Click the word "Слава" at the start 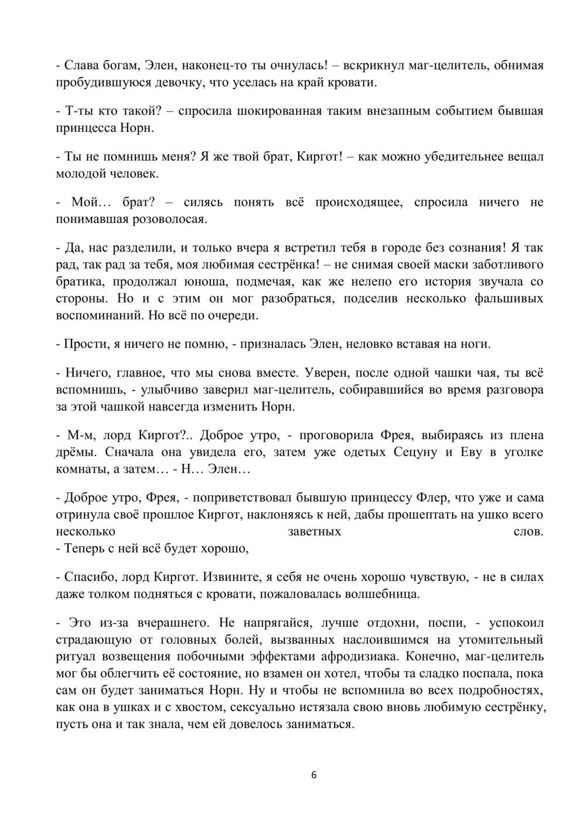[x=80, y=65]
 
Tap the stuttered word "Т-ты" [x=76, y=111]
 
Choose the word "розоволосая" [x=169, y=219]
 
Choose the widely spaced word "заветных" [x=315, y=532]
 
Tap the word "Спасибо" [x=86, y=577]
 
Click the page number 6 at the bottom [x=314, y=775]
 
